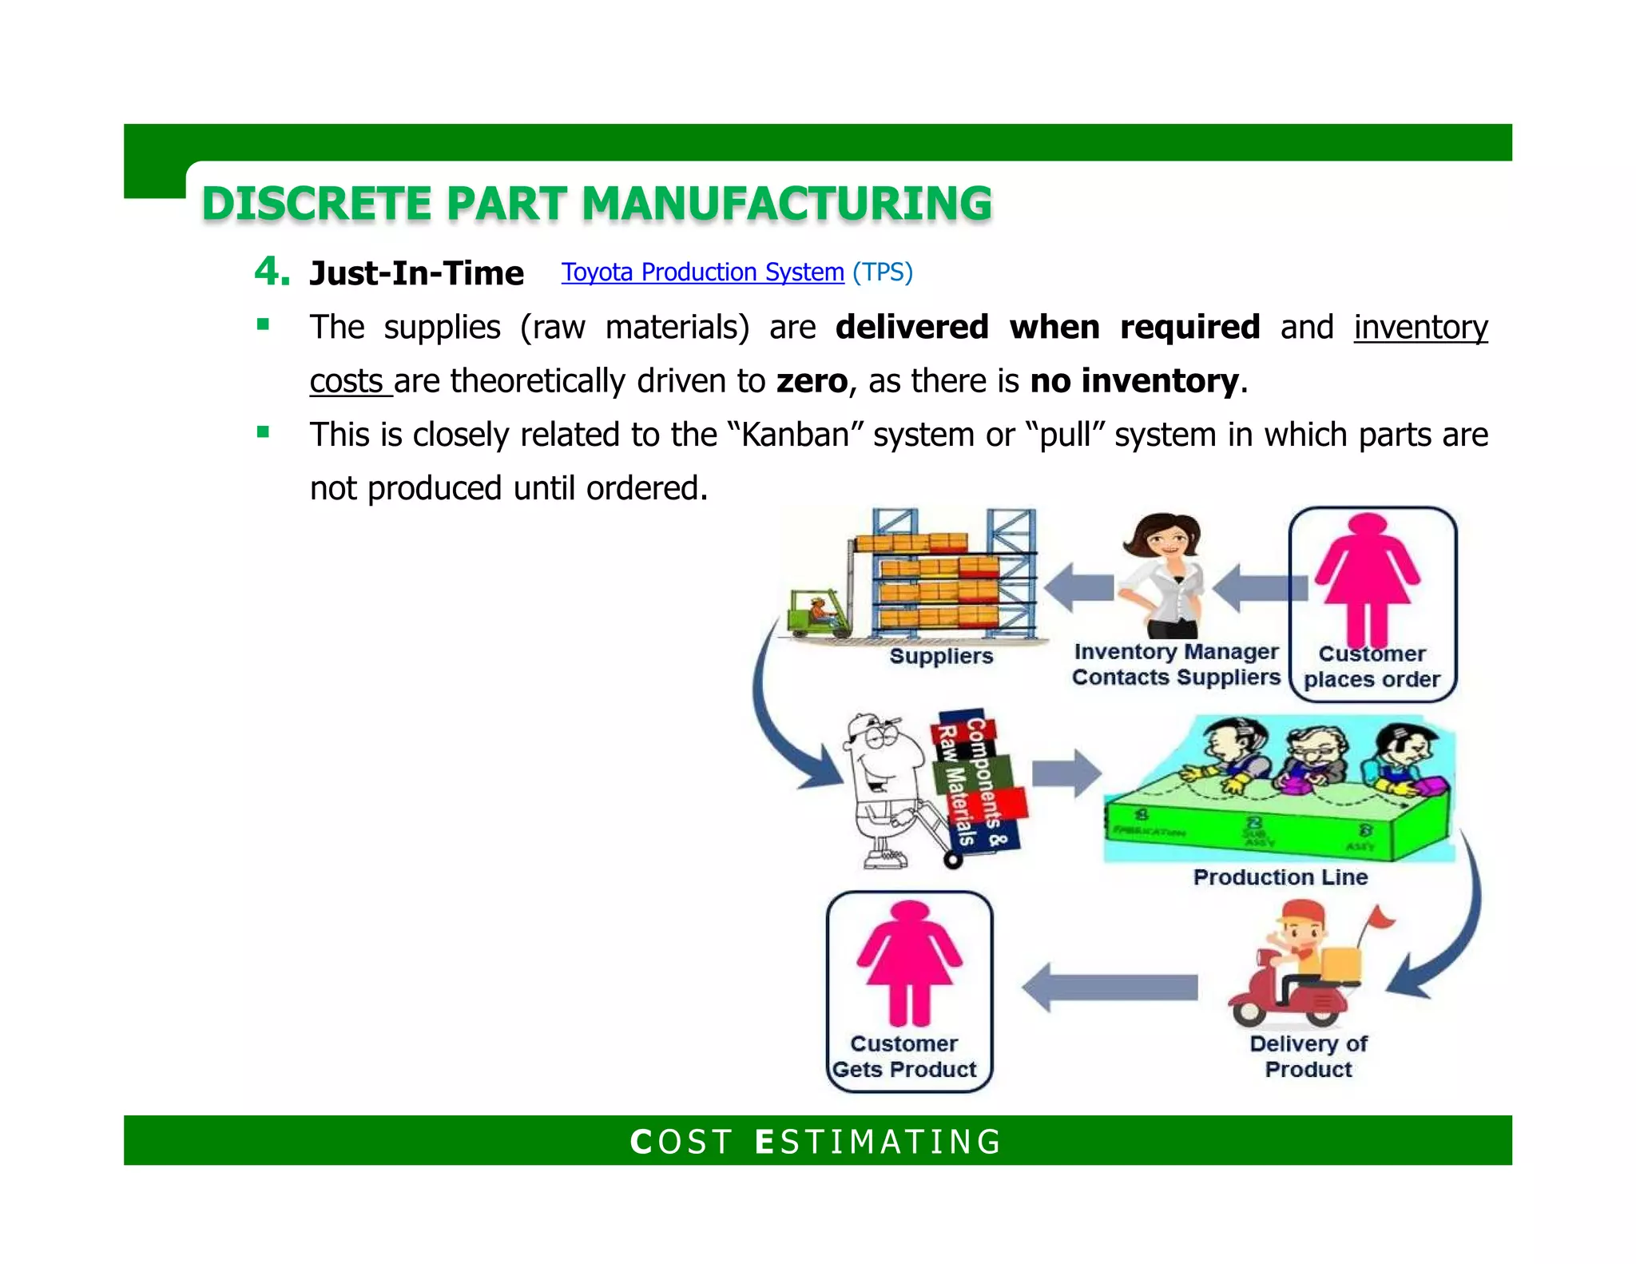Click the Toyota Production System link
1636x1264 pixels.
tap(702, 272)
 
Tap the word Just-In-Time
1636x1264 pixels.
tap(416, 273)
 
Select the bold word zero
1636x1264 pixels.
tap(812, 381)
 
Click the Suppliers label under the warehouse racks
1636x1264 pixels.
tap(941, 656)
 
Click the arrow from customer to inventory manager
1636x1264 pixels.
tap(1259, 588)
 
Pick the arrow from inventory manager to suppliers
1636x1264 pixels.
tap(1078, 588)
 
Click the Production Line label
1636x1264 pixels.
tap(1280, 877)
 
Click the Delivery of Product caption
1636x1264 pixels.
tap(1308, 1056)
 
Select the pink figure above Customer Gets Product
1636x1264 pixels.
tap(909, 962)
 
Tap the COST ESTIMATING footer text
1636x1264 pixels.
tap(816, 1142)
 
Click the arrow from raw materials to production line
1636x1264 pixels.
tap(1066, 773)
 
